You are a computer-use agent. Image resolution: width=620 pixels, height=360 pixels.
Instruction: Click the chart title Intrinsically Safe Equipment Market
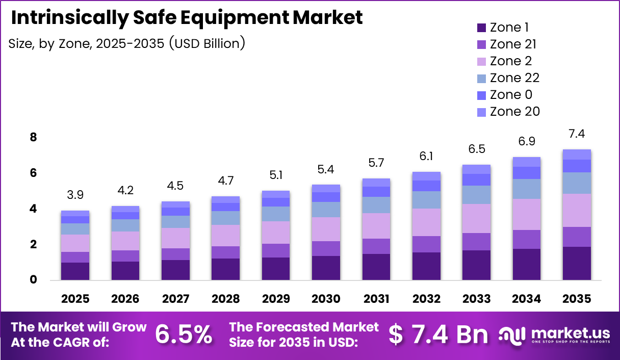(187, 18)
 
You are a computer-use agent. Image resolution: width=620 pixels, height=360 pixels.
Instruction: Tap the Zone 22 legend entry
(514, 78)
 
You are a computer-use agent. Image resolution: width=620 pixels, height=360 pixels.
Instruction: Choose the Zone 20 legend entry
(514, 111)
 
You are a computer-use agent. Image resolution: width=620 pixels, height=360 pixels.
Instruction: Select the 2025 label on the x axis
(75, 299)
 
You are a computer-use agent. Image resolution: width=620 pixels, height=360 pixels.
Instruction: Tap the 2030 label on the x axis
(326, 299)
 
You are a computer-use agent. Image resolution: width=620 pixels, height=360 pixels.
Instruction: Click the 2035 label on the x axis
(577, 299)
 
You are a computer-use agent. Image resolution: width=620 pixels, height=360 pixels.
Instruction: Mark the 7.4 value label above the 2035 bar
(577, 134)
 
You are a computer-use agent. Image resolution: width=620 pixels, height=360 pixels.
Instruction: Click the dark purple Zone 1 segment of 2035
(577, 263)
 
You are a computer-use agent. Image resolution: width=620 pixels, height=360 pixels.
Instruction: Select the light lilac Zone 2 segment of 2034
(527, 214)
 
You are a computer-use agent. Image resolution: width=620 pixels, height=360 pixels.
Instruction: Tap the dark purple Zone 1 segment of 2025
(75, 271)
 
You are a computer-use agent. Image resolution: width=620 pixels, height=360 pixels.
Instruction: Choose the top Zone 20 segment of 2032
(426, 176)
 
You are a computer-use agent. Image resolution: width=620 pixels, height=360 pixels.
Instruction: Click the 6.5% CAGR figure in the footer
(184, 335)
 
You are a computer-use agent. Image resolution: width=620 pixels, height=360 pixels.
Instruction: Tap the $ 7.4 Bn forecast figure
(438, 335)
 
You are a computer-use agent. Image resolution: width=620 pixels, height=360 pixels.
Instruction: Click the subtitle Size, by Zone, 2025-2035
(127, 44)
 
